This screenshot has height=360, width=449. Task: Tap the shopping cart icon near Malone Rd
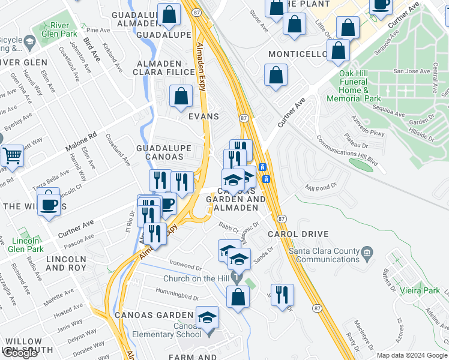pyautogui.click(x=12, y=156)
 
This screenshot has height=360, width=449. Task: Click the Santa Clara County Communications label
pyautogui.click(x=327, y=255)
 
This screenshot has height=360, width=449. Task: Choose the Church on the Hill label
pyautogui.click(x=200, y=279)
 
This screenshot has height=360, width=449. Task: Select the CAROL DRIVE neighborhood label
pyautogui.click(x=289, y=233)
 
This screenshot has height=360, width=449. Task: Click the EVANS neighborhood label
pyautogui.click(x=204, y=116)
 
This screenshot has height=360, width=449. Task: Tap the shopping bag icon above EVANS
pyautogui.click(x=181, y=96)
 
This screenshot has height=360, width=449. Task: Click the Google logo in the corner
pyautogui.click(x=20, y=353)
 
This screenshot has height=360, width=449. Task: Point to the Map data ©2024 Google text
pyautogui.click(x=412, y=355)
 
